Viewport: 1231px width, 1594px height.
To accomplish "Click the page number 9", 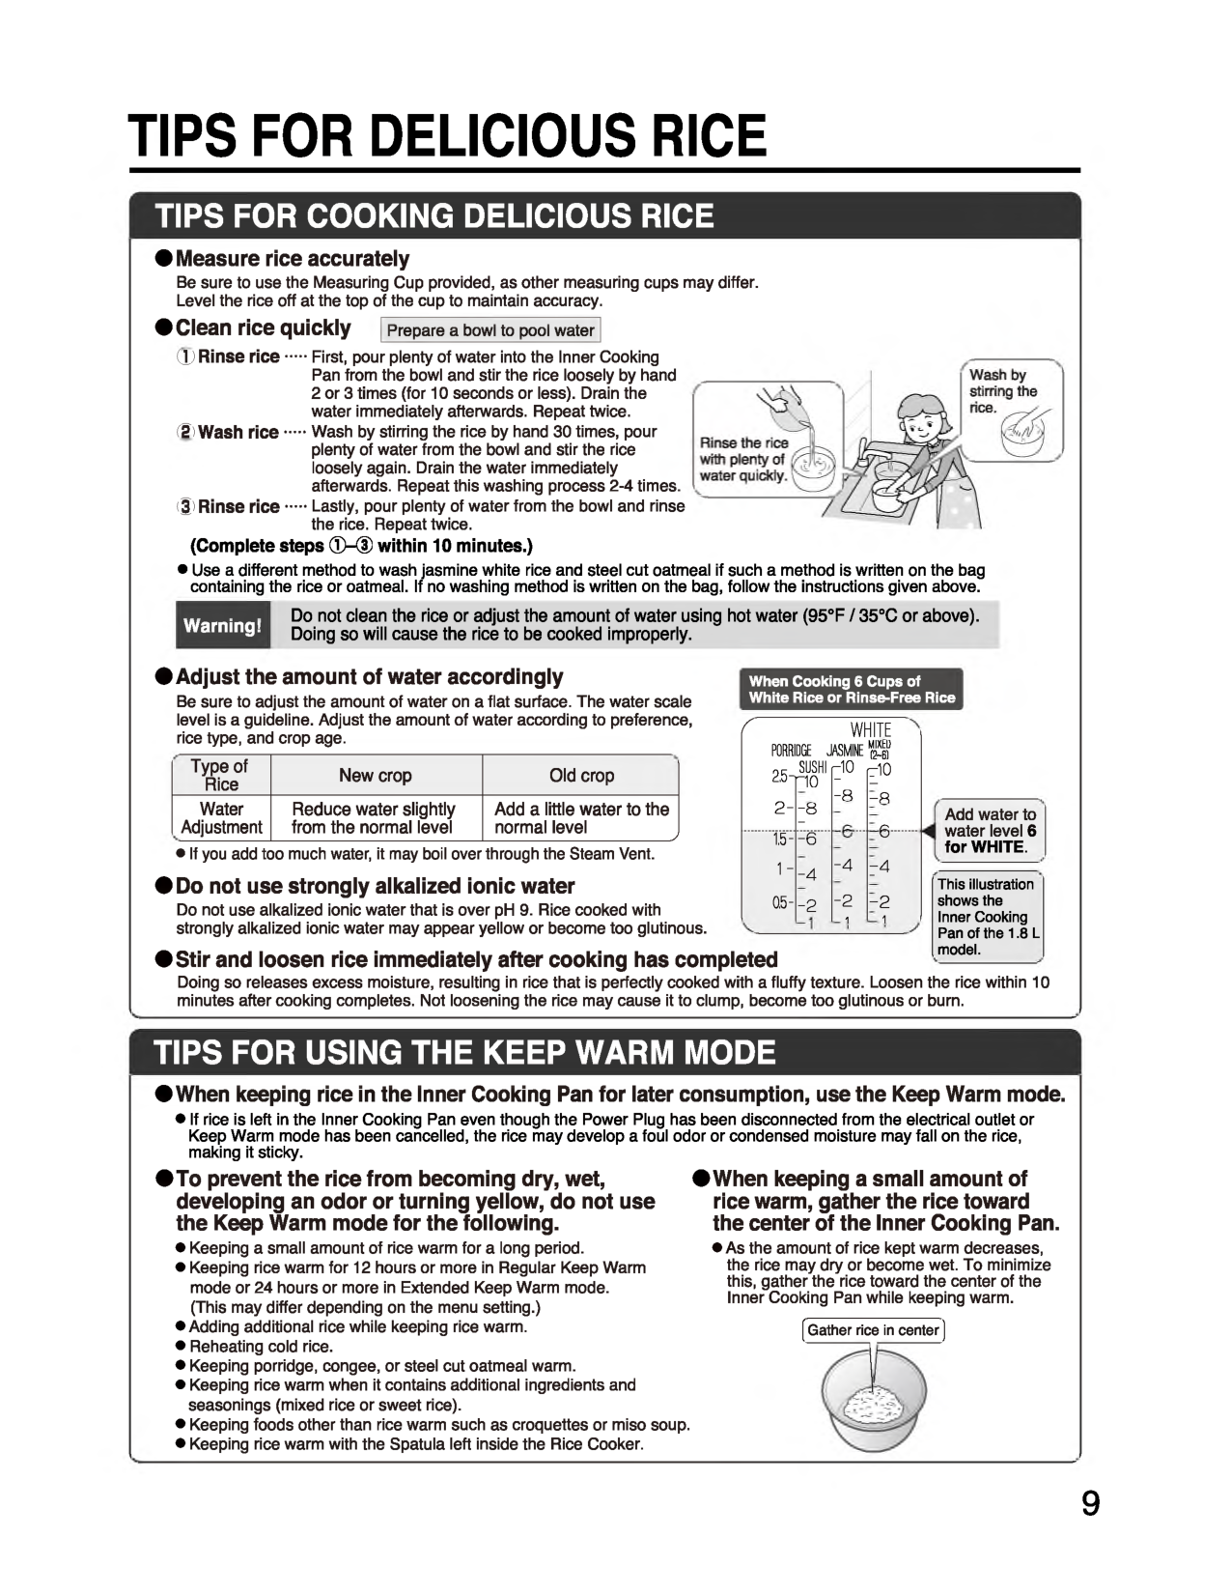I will (x=1089, y=1505).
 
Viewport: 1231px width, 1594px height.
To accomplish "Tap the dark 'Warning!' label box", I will (x=222, y=625).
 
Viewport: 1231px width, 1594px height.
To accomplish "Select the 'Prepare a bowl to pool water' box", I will (x=490, y=330).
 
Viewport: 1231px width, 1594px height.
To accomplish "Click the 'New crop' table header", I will (x=375, y=776).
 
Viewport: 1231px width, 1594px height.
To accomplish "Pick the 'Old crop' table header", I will (x=581, y=776).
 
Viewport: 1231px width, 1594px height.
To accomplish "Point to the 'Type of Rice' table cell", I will (x=221, y=775).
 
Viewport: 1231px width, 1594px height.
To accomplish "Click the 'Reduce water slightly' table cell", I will (x=375, y=817).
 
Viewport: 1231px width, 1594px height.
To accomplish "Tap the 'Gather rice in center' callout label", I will (x=873, y=1330).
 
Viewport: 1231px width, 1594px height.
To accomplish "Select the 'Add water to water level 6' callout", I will (x=990, y=831).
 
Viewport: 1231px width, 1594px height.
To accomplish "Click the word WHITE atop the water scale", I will (x=871, y=730).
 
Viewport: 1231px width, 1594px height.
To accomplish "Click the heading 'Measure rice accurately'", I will (x=293, y=259).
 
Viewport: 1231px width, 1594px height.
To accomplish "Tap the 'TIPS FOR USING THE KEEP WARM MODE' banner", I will (x=465, y=1052).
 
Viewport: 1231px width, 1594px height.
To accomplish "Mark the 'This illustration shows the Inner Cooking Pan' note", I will (x=988, y=916).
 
